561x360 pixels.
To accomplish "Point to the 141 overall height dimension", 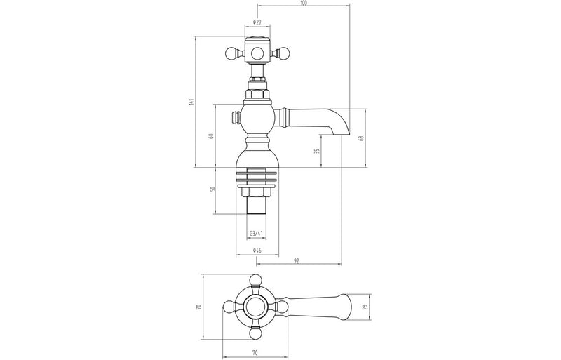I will point(191,102).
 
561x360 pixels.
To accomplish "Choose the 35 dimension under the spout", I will point(317,151).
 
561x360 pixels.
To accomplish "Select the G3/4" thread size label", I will point(257,234).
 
